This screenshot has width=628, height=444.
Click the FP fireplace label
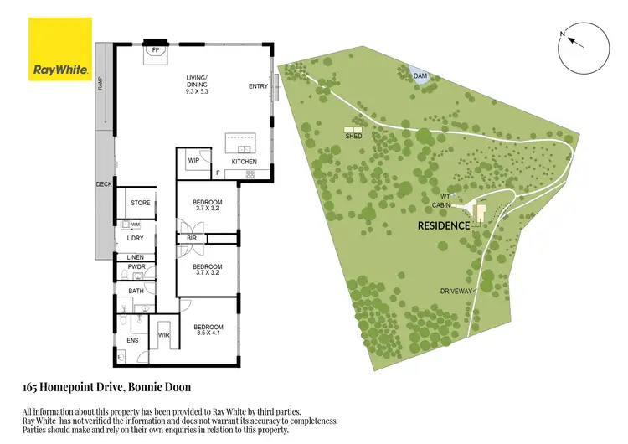[155, 50]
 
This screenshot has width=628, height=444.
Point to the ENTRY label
[258, 87]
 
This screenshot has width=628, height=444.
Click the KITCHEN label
[244, 162]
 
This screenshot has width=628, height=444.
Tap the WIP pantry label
[193, 160]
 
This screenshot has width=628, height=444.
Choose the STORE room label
[141, 203]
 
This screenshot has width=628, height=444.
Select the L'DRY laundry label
[135, 239]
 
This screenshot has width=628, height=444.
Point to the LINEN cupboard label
[135, 257]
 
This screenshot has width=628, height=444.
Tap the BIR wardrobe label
[192, 239]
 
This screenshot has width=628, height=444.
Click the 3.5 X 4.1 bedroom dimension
[208, 333]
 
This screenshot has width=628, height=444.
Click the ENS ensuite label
[131, 340]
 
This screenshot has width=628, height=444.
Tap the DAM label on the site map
[421, 76]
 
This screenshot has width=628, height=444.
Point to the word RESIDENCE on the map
[444, 225]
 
